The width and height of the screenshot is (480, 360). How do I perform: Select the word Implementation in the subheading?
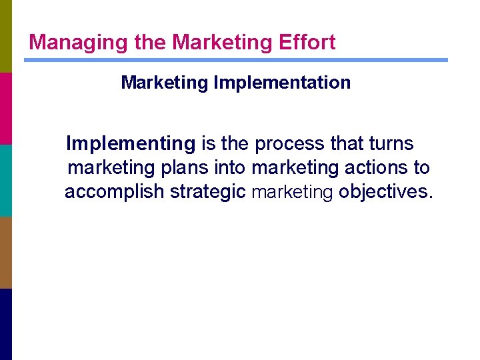pyautogui.click(x=282, y=83)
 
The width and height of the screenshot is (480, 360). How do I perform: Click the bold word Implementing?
pyautogui.click(x=131, y=144)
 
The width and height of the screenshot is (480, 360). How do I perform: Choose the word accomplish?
pyautogui.click(x=114, y=193)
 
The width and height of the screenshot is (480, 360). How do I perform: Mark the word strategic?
pyautogui.click(x=208, y=193)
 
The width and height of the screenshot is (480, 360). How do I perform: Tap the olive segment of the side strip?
pyautogui.click(x=5, y=36)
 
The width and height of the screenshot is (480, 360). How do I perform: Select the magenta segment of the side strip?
pyautogui.click(x=5, y=108)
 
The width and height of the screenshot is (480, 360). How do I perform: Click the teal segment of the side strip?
pyautogui.click(x=5, y=180)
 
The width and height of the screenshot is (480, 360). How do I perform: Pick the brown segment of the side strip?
pyautogui.click(x=5, y=252)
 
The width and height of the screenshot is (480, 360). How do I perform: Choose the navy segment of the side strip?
pyautogui.click(x=5, y=324)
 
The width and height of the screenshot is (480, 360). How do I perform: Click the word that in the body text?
pyautogui.click(x=347, y=144)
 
